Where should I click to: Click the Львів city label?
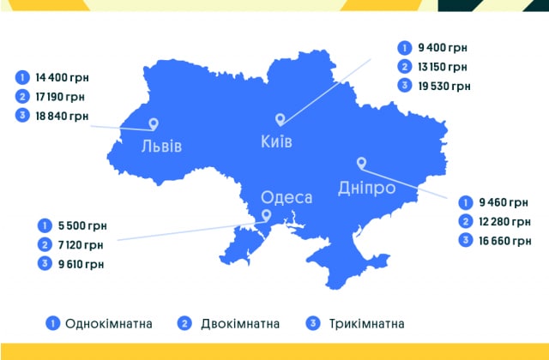tap(161, 145)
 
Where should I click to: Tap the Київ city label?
tap(277, 140)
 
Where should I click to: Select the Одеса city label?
tap(286, 197)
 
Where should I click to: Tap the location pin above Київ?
tap(279, 120)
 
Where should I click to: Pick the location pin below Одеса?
tap(266, 216)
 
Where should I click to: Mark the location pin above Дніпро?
tap(361, 162)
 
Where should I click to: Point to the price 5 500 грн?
tap(81, 226)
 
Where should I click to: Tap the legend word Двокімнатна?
tap(240, 324)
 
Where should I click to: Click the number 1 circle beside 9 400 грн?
tap(404, 47)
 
